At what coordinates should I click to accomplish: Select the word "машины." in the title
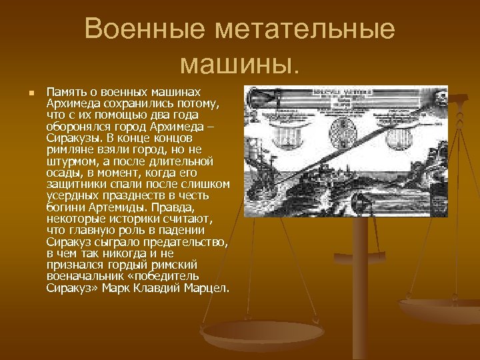[240, 64]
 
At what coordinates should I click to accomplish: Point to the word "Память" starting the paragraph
[65, 90]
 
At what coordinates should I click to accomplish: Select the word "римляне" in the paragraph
[69, 150]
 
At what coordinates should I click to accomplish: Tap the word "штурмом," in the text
[72, 162]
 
